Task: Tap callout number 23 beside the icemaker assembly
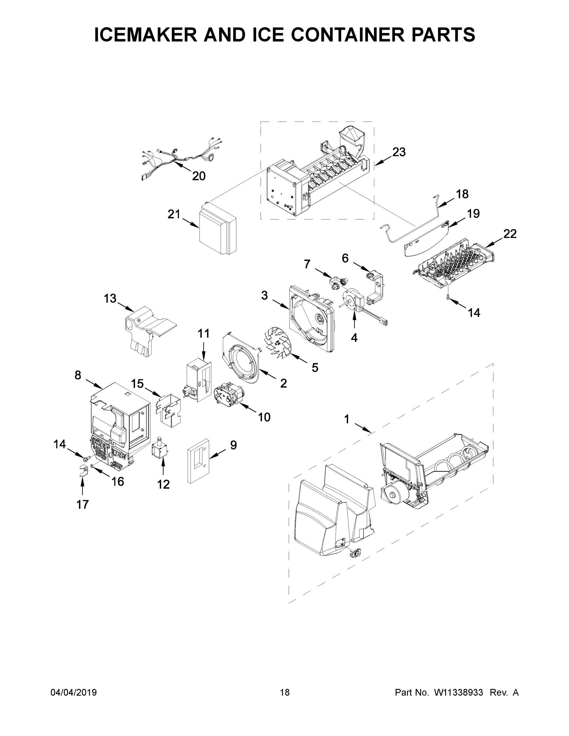[399, 152]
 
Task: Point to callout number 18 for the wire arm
[462, 194]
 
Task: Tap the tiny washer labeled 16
[92, 467]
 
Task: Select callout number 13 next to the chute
[110, 298]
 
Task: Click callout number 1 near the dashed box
[347, 420]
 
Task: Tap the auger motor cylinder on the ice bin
[392, 495]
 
